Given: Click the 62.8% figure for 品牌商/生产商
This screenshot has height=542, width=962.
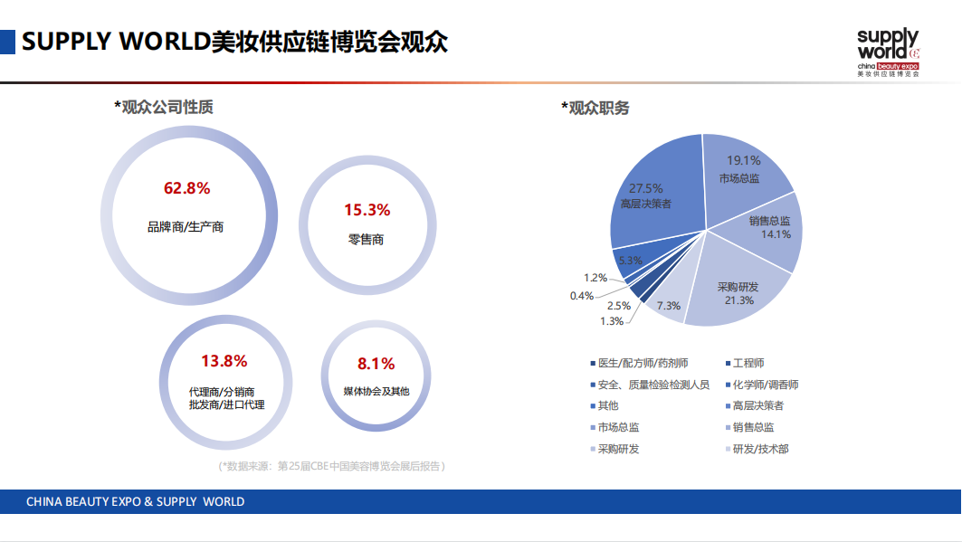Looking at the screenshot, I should [x=186, y=188].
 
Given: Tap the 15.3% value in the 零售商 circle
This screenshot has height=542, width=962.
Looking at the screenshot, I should [x=367, y=210].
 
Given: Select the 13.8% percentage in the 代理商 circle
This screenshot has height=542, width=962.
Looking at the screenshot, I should [x=224, y=361].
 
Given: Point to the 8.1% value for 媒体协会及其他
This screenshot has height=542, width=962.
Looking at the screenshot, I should [x=376, y=364].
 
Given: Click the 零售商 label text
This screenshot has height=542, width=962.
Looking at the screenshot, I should [x=367, y=240].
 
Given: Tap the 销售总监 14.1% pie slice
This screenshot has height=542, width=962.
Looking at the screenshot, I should [x=770, y=228].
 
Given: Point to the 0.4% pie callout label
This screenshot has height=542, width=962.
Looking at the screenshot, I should [x=582, y=296].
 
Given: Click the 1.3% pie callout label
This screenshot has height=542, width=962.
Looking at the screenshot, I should [x=611, y=321].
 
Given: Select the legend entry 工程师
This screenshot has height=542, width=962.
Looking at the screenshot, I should [x=748, y=364].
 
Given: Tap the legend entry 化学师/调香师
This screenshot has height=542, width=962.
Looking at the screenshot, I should [x=765, y=385].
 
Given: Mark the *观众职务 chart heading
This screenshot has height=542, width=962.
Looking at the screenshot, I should [x=595, y=109].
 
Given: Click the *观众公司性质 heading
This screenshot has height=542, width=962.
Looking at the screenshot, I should [x=164, y=107].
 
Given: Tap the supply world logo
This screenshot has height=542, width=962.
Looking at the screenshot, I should [x=888, y=53].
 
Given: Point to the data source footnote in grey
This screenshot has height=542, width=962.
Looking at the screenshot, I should [x=332, y=466].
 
